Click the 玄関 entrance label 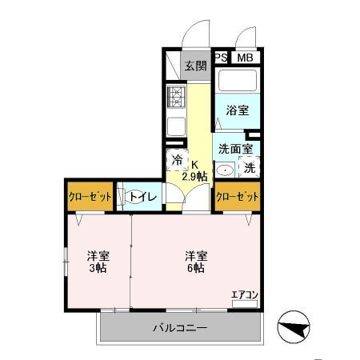(195, 66)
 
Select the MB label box (246, 57)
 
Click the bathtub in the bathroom (235, 82)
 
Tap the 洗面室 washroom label (235, 149)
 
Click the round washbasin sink (226, 169)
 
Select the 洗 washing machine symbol (250, 169)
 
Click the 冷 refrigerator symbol (177, 160)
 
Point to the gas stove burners (176, 98)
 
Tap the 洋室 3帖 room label (98, 262)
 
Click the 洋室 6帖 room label (197, 262)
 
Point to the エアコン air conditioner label (245, 295)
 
